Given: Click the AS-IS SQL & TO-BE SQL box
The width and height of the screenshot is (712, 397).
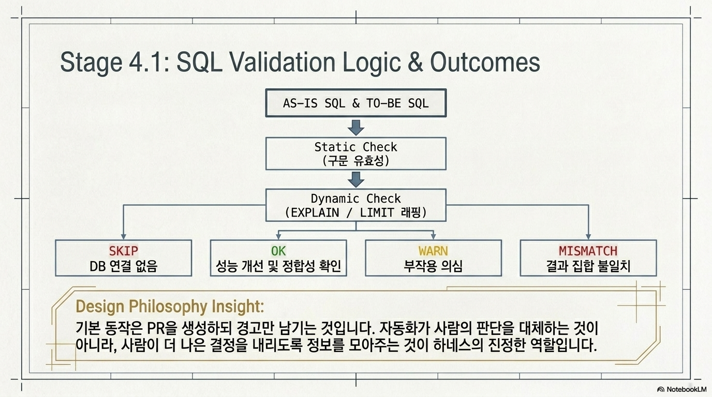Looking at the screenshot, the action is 356,103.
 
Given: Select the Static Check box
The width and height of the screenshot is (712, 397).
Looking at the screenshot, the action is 356,154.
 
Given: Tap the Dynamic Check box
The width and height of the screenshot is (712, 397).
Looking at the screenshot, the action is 356,205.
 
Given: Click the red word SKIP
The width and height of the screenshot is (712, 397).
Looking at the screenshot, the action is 124,251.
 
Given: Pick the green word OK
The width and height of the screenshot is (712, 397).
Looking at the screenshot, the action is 278,251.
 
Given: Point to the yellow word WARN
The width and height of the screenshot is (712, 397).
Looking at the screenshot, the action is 433,251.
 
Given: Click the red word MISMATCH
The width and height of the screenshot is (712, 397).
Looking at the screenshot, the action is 588,251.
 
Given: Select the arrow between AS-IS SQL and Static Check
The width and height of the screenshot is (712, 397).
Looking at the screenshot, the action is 356,127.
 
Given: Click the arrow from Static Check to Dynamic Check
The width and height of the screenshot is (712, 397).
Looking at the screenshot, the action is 356,179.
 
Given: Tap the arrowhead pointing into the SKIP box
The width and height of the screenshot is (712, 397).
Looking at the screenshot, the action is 124,237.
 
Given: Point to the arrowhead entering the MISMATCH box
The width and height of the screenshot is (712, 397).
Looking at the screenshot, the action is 588,237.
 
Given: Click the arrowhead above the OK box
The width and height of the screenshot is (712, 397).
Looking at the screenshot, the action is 278,237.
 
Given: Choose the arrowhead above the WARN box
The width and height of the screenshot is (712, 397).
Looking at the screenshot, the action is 433,237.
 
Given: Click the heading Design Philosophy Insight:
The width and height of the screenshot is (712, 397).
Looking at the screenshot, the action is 170,307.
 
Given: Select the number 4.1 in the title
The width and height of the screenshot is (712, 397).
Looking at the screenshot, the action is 148,62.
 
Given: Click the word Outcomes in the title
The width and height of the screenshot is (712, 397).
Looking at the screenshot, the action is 485,62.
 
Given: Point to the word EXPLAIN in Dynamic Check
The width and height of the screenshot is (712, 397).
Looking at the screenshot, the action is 315,212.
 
